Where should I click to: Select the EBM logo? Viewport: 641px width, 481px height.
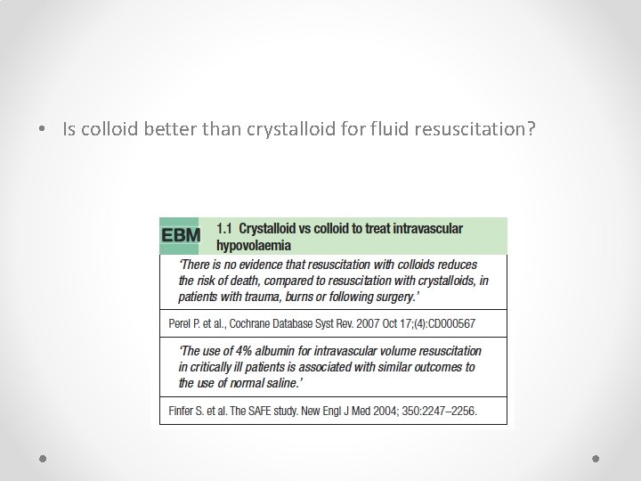point(181,236)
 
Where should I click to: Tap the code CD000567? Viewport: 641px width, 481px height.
point(450,322)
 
